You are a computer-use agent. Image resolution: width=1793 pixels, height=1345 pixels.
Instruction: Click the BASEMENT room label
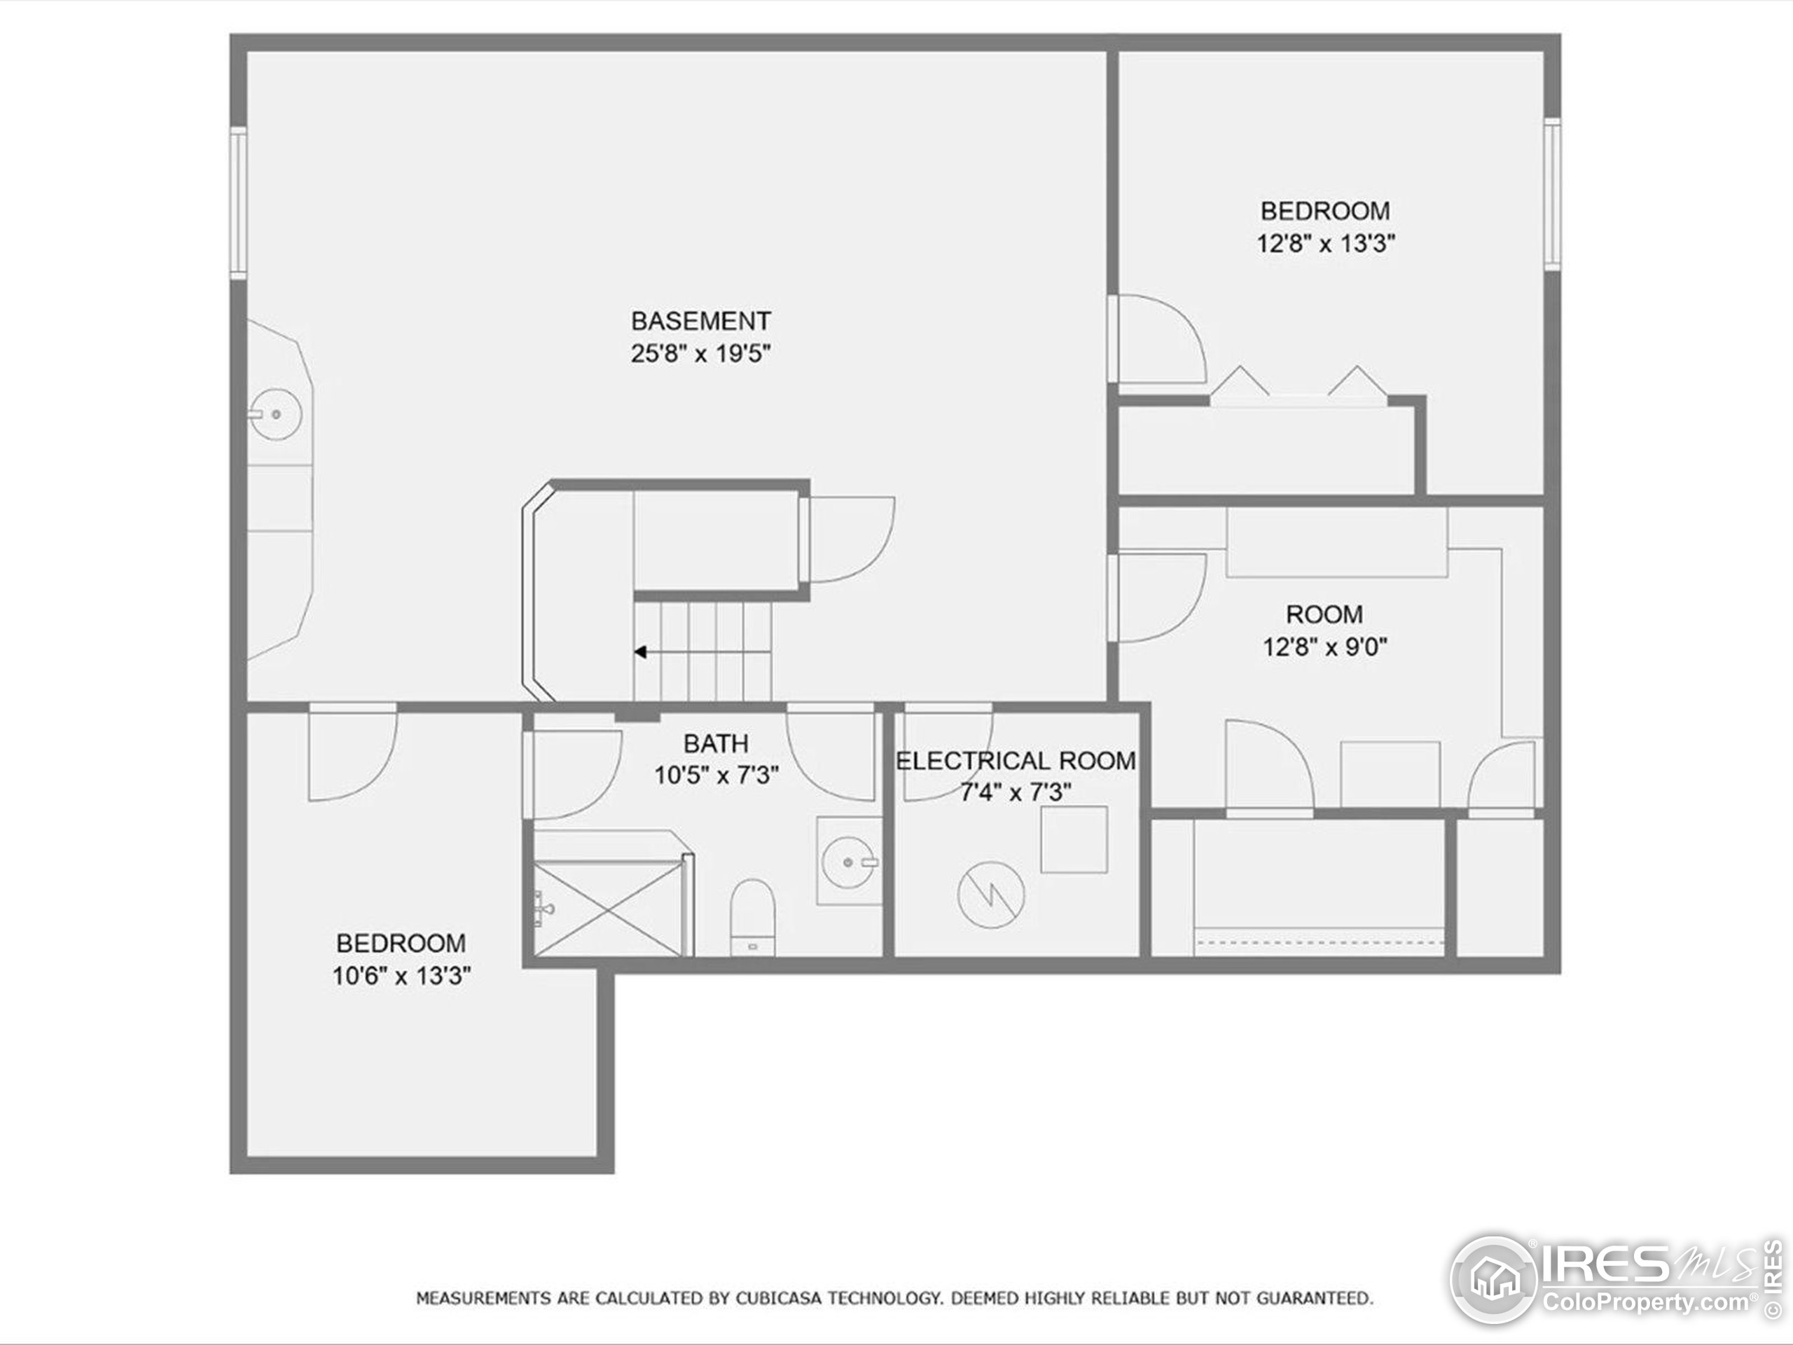coord(700,321)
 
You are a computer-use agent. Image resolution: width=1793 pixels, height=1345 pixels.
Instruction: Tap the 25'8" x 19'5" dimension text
coord(700,354)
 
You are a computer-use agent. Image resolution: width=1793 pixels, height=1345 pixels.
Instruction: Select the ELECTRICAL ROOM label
coord(1015,761)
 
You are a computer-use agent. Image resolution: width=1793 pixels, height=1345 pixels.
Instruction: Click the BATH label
coord(716,743)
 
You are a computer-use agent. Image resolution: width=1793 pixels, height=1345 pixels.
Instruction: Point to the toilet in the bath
coord(753,918)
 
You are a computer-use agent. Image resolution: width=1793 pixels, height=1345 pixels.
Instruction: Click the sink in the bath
coord(848,861)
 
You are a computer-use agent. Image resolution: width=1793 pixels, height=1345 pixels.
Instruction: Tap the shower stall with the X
coord(608,909)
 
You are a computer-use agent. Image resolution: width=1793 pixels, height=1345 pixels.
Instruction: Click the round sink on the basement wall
coord(275,414)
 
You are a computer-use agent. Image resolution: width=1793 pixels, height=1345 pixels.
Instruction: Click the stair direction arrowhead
coord(640,651)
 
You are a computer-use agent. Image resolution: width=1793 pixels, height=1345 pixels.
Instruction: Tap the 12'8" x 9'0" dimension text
coord(1324,648)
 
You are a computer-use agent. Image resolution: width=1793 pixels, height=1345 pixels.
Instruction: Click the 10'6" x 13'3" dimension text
coord(401,976)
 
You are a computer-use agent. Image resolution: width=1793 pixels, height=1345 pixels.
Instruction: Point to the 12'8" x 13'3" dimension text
coord(1325,243)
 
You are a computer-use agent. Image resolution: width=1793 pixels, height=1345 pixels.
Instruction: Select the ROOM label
coord(1324,614)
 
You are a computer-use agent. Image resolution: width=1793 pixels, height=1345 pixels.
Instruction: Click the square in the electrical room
coord(1074,840)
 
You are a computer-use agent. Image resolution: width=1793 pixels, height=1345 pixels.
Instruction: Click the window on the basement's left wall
coord(238,202)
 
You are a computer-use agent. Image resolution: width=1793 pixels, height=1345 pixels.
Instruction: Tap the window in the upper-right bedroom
coord(1551,194)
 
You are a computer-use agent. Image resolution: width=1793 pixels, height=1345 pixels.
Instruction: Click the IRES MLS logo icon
coord(1493,1280)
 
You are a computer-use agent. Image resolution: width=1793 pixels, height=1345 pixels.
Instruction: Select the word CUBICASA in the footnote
coord(780,1299)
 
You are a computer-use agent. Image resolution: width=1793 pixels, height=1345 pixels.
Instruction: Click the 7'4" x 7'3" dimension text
coord(1015,792)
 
